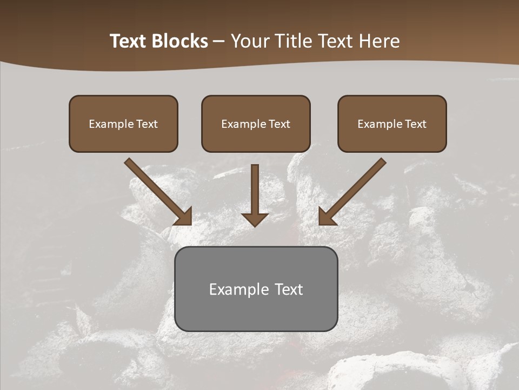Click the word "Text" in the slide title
129,41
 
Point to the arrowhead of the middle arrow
255,219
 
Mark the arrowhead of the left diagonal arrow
184,217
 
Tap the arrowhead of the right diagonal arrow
327,217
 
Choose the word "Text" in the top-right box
416,124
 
